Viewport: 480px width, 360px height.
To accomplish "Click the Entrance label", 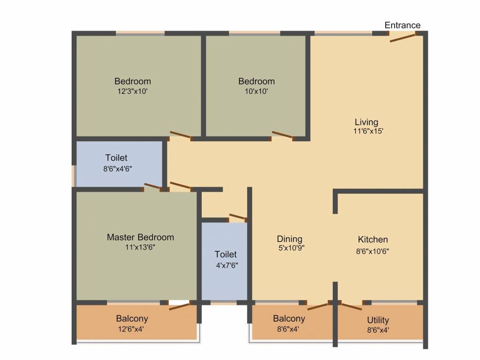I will pyautogui.click(x=402, y=25).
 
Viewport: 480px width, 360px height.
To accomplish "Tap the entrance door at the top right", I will pyautogui.click(x=403, y=37).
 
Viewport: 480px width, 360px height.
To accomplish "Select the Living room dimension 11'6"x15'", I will pyautogui.click(x=369, y=132).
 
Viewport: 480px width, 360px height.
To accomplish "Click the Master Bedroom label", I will pyautogui.click(x=140, y=237).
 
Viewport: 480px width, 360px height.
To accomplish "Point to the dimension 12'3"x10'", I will pyautogui.click(x=133, y=91).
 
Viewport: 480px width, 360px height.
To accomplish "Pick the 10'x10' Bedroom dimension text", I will pyautogui.click(x=256, y=91).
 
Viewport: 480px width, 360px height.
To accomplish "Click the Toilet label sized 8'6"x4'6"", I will pyautogui.click(x=116, y=158).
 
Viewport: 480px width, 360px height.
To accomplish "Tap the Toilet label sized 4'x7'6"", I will pyautogui.click(x=225, y=255).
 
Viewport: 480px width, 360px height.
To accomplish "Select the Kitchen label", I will pyautogui.click(x=373, y=240).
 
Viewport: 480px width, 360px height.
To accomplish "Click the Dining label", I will pyautogui.click(x=289, y=239).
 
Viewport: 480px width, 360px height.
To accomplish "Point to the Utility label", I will pyautogui.click(x=378, y=320).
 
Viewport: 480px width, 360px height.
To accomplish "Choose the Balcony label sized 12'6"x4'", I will pyautogui.click(x=132, y=319).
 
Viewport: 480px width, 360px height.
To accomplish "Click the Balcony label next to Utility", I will pyautogui.click(x=289, y=319).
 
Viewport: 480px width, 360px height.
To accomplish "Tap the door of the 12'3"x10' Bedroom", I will pyautogui.click(x=180, y=136).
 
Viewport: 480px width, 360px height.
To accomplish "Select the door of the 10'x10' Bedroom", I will pyautogui.click(x=283, y=136).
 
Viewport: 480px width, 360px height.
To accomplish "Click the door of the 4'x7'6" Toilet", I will pyautogui.click(x=238, y=217).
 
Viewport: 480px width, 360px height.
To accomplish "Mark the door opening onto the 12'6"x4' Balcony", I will pyautogui.click(x=180, y=307).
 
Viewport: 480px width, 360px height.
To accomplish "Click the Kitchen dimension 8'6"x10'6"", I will pyautogui.click(x=373, y=251).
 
